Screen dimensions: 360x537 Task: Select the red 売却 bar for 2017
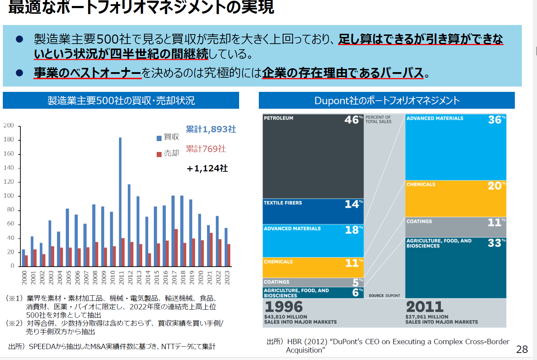[176, 248]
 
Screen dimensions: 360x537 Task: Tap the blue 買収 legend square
[159, 138]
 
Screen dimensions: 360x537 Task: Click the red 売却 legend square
[159, 154]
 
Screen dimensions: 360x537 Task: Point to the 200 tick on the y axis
[9, 126]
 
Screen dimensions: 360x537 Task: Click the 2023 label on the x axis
[227, 278]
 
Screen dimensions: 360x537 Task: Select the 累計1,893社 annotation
[211, 130]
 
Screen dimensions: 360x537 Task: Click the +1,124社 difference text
[207, 169]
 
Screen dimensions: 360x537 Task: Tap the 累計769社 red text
[206, 149]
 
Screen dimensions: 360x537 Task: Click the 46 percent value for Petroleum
[352, 120]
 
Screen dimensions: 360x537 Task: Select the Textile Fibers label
[283, 203]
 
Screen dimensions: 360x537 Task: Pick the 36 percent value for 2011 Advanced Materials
[495, 120]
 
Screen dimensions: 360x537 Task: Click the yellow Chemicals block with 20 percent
[456, 199]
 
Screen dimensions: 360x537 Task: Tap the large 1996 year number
[284, 307]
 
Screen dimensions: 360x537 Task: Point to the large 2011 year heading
[425, 307]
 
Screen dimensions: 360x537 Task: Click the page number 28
[522, 349]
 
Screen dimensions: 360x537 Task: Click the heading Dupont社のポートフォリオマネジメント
[387, 101]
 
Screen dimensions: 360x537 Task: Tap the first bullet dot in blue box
[20, 39]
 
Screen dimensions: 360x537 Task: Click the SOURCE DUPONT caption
[384, 296]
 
